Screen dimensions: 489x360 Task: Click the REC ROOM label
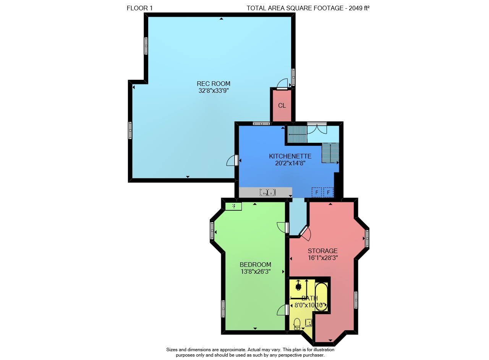click(x=213, y=84)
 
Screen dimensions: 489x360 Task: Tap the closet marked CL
click(x=282, y=106)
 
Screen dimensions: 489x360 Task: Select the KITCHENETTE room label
click(x=290, y=156)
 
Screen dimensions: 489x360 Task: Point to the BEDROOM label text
click(x=256, y=265)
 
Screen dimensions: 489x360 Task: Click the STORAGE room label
click(x=323, y=251)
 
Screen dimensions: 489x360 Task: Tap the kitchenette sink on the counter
click(x=267, y=192)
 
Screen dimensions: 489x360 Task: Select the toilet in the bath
click(x=297, y=324)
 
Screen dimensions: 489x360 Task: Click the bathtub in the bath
click(x=321, y=297)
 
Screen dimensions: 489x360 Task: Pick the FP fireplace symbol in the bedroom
click(x=233, y=206)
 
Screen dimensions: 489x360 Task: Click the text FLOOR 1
click(x=140, y=8)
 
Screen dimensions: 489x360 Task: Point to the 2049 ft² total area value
click(x=359, y=8)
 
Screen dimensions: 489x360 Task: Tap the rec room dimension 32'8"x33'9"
click(x=214, y=90)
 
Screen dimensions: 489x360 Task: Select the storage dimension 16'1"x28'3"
click(x=323, y=258)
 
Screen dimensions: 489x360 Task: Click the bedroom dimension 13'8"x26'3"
click(x=256, y=272)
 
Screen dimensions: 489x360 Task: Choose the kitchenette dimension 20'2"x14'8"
click(x=290, y=163)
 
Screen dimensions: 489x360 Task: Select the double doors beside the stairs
click(x=317, y=128)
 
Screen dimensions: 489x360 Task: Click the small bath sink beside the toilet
click(x=308, y=323)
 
